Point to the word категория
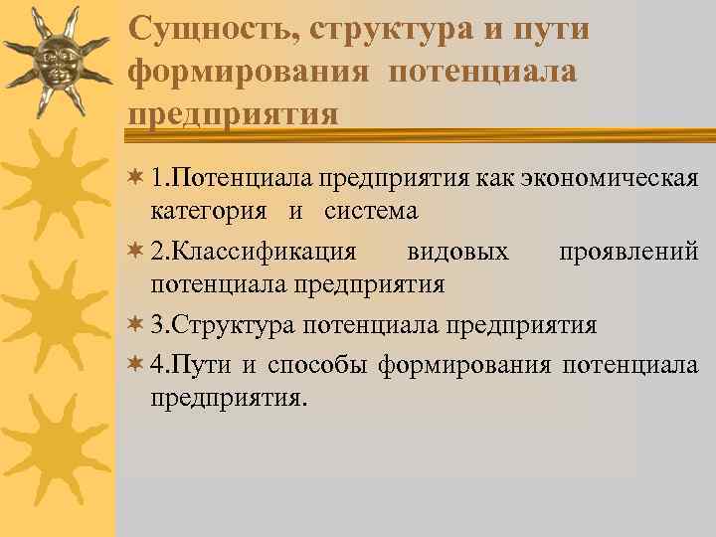point(209,211)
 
